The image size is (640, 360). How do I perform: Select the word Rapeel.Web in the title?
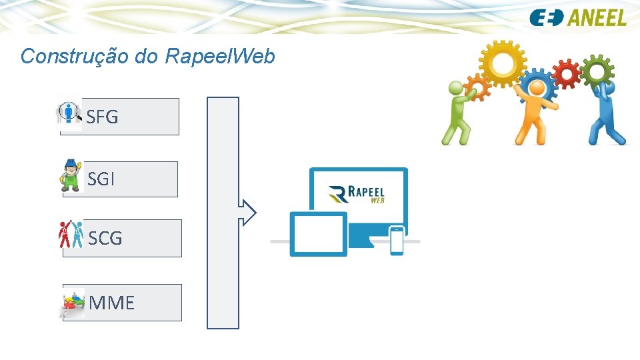[x=219, y=56]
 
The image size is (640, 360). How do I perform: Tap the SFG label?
[x=103, y=117]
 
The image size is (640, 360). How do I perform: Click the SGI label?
[x=101, y=179]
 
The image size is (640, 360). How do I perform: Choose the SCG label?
[x=105, y=238]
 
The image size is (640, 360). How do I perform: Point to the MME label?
[x=111, y=303]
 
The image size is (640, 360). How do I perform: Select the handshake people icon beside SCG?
[x=70, y=234]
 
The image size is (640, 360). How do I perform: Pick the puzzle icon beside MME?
[x=73, y=303]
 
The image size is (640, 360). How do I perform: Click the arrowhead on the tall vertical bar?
[x=248, y=213]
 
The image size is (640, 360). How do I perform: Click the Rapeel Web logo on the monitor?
[x=357, y=193]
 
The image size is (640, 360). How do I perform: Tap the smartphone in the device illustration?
[x=397, y=241]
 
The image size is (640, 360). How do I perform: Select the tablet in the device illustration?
[x=318, y=234]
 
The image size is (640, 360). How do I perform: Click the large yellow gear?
[x=503, y=63]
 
